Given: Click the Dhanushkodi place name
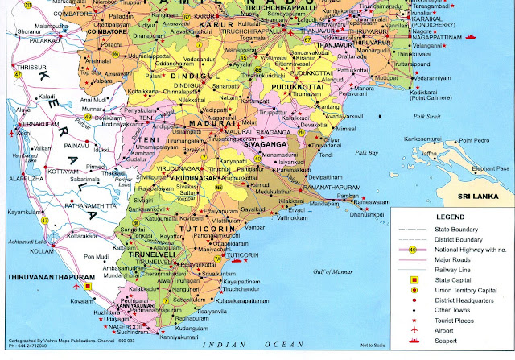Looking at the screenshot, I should click(366, 216).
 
